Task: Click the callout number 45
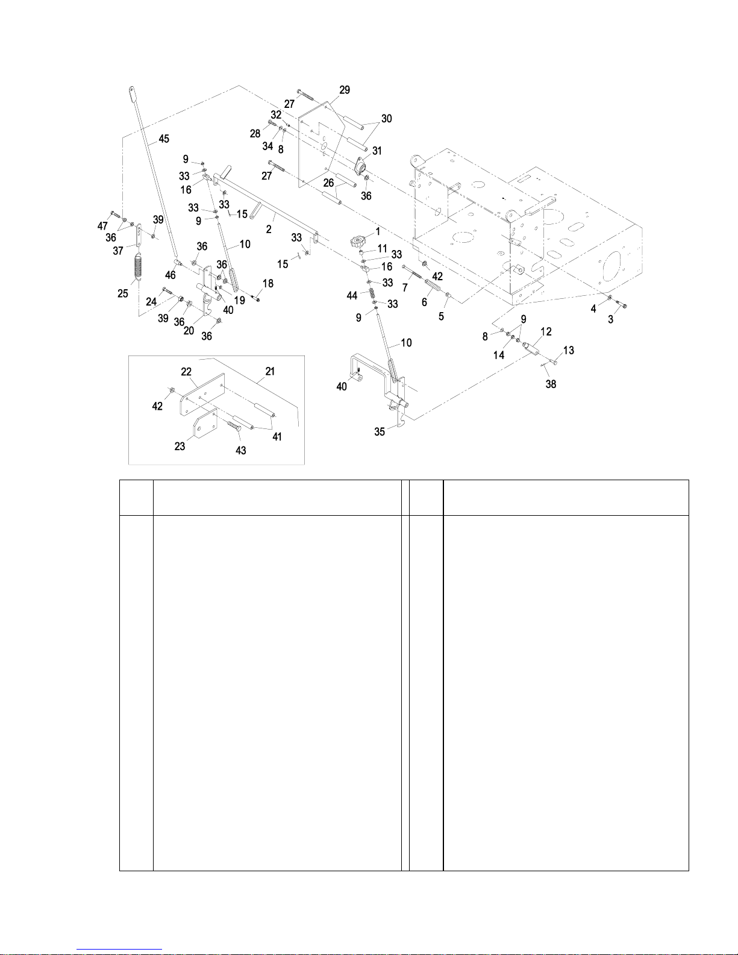click(163, 139)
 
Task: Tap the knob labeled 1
click(358, 240)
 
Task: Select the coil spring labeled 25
click(138, 266)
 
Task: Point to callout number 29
click(345, 90)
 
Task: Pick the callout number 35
click(380, 431)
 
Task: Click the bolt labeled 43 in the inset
click(234, 425)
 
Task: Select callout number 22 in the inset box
click(186, 372)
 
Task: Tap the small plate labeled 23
click(205, 424)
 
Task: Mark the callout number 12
click(546, 332)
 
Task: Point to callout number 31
click(377, 151)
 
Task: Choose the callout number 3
click(611, 319)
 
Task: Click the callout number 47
click(102, 226)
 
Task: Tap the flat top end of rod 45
click(132, 92)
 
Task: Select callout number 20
click(189, 331)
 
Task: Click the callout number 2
click(269, 229)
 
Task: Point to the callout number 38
click(551, 384)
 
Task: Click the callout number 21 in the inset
click(270, 371)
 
